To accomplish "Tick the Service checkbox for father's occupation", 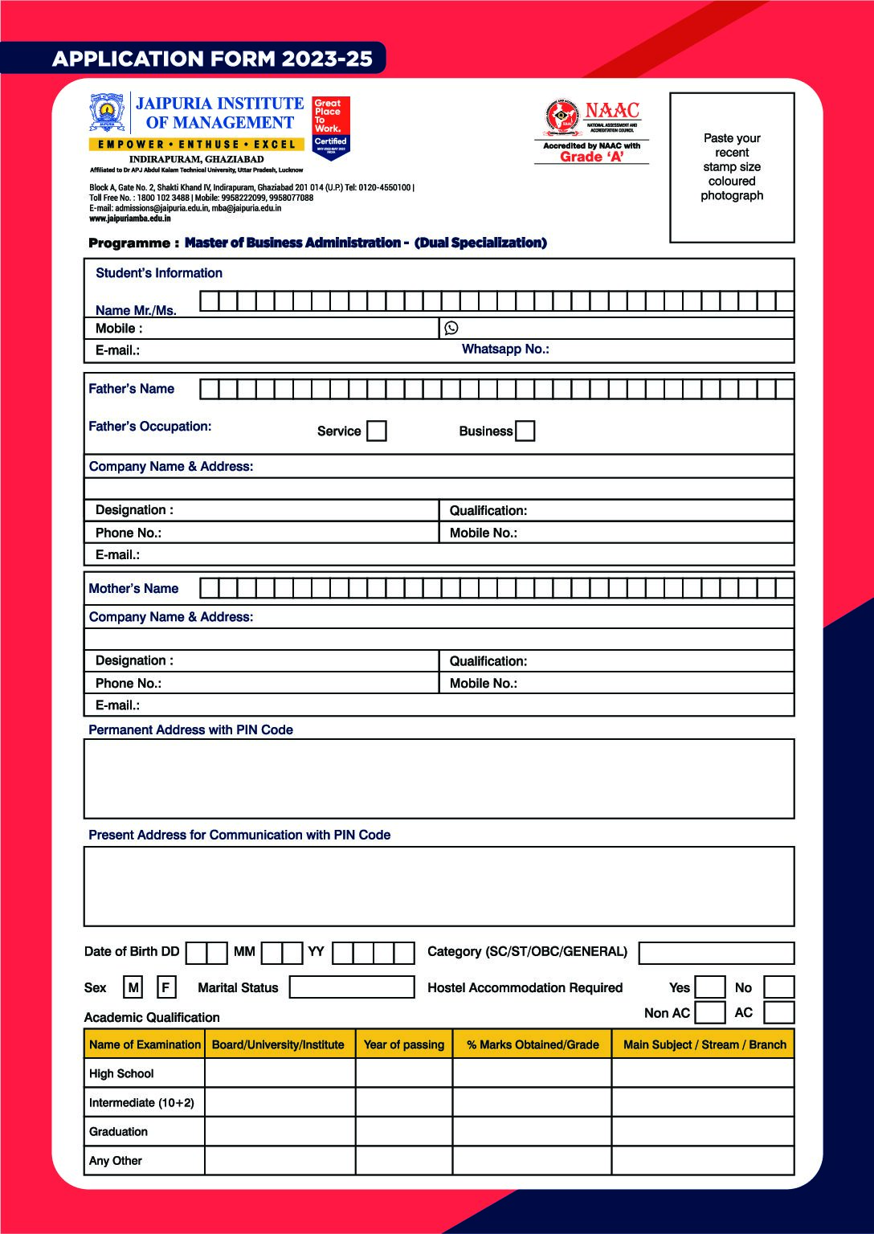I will [x=376, y=431].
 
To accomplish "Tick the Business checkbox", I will [x=525, y=431].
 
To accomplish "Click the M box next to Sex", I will [x=133, y=987].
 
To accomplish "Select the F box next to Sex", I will [x=165, y=987].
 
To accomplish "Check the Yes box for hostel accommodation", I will [x=709, y=987].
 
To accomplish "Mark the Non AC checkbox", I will [x=709, y=1012].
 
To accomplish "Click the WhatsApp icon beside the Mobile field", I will [x=451, y=328].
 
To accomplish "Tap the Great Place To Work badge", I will [x=330, y=127].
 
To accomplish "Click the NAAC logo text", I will [x=611, y=111].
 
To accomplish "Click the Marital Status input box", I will [x=352, y=987].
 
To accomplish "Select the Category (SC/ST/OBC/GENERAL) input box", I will [x=717, y=953].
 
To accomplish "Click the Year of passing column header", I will [x=403, y=1044].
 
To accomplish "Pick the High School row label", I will [x=121, y=1073].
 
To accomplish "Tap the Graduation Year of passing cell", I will [x=403, y=1131].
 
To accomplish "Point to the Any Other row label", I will [x=116, y=1161].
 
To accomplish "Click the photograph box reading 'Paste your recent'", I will [x=732, y=167].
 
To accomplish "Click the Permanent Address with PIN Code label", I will [x=190, y=729].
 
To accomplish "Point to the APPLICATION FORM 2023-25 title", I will [x=212, y=59].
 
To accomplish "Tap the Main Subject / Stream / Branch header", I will [x=704, y=1044].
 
